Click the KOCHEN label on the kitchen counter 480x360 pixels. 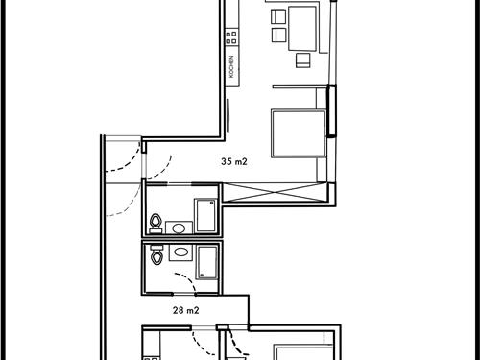pyautogui.click(x=231, y=66)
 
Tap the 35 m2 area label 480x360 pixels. pyautogui.click(x=233, y=162)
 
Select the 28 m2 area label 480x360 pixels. pyautogui.click(x=185, y=310)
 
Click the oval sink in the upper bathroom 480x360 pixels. pyautogui.click(x=178, y=228)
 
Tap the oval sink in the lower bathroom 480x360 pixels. pyautogui.click(x=179, y=252)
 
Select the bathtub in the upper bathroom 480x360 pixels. pyautogui.click(x=205, y=216)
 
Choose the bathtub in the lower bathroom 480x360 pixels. pyautogui.click(x=207, y=261)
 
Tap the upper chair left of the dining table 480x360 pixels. pyautogui.click(x=277, y=16)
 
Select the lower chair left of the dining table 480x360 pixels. pyautogui.click(x=277, y=36)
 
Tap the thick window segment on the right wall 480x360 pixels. pyautogui.click(x=332, y=110)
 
